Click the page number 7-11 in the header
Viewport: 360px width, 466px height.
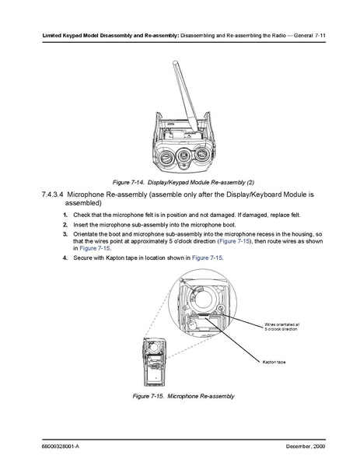[x=320, y=36]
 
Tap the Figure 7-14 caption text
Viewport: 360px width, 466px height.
[x=183, y=182]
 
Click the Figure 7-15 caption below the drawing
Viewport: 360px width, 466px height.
[x=183, y=396]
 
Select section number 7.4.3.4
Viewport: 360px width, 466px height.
[x=53, y=194]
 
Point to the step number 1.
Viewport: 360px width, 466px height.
[x=65, y=215]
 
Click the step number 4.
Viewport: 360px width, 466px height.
[x=65, y=258]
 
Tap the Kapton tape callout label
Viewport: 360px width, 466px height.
[x=274, y=362]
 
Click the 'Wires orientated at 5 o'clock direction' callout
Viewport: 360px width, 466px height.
[x=282, y=327]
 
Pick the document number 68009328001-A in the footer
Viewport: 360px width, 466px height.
[x=61, y=447]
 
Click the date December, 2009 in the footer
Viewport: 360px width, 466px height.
[x=306, y=447]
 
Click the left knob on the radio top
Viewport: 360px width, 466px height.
[x=166, y=157]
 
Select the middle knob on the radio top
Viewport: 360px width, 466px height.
[x=184, y=156]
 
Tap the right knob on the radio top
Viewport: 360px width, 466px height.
[x=203, y=154]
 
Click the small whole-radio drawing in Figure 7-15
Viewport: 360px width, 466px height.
[x=154, y=362]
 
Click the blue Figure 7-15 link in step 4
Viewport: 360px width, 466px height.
[x=207, y=258]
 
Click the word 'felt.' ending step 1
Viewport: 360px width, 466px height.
[x=295, y=215]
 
